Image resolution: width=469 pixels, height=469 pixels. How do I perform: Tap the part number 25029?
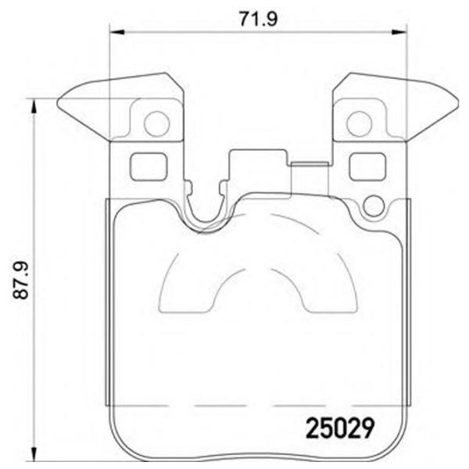click(x=340, y=428)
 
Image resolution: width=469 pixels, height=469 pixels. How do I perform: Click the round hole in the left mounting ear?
click(x=157, y=123)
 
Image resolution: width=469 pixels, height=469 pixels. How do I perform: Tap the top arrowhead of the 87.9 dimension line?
click(x=34, y=104)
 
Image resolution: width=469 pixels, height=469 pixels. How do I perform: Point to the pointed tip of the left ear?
click(x=59, y=101)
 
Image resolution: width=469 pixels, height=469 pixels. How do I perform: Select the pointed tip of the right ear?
click(x=457, y=101)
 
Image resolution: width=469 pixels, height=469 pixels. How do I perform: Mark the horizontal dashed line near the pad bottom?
click(x=258, y=406)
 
